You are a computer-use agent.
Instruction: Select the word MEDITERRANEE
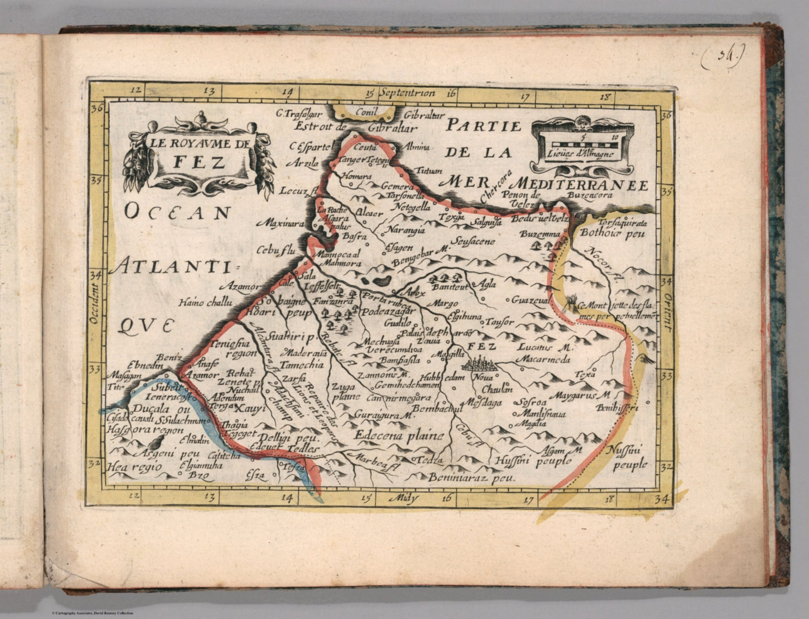click(580, 184)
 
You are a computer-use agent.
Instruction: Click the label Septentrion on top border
click(408, 94)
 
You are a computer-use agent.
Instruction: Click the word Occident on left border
click(95, 305)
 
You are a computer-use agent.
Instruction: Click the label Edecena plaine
click(399, 436)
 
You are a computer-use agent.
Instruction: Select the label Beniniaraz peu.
click(471, 478)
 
